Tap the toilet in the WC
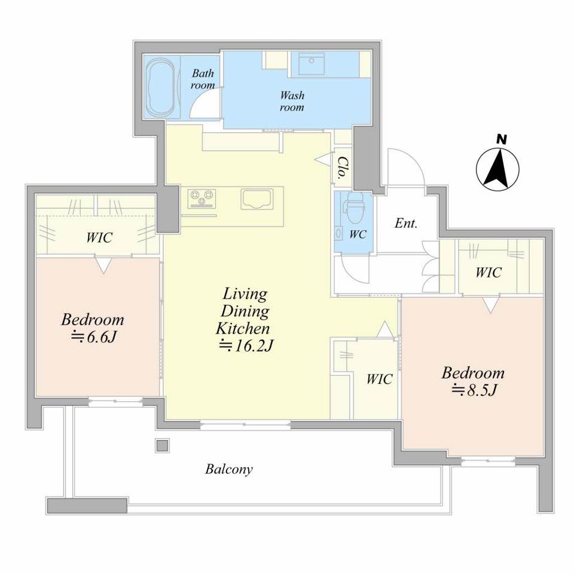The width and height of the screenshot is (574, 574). [354, 207]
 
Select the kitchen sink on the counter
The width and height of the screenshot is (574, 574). [257, 199]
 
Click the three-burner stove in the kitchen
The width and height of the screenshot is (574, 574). [201, 199]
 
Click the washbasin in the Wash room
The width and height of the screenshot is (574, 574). [312, 64]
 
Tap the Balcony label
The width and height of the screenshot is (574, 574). [229, 469]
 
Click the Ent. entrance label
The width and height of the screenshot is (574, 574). [406, 223]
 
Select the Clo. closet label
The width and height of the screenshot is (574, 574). [342, 167]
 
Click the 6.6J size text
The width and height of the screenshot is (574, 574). [93, 337]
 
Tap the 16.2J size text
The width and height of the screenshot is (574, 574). [246, 346]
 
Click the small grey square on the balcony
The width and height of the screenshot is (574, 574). [162, 445]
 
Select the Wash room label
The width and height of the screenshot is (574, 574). [292, 101]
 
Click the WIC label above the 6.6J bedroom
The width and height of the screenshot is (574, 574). [99, 237]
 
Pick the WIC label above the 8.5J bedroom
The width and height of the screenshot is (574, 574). [488, 273]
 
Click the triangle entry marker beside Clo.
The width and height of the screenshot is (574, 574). [323, 159]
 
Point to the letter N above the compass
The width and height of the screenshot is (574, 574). [502, 139]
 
